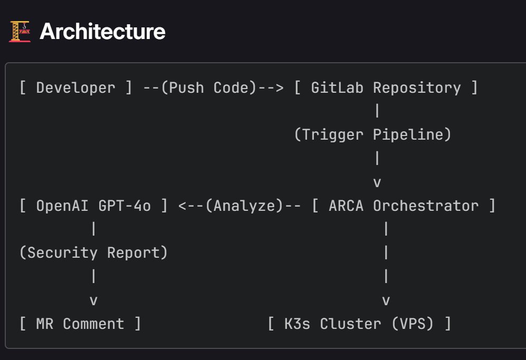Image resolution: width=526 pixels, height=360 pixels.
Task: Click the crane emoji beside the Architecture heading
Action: (20, 32)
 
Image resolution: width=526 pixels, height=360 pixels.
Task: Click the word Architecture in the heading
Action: (102, 32)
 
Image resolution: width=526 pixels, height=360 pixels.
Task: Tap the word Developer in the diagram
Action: (75, 87)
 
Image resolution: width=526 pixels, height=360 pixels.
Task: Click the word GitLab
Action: (338, 87)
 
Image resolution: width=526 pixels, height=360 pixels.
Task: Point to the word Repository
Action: (417, 87)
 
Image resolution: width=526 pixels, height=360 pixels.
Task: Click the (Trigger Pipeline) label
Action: (373, 134)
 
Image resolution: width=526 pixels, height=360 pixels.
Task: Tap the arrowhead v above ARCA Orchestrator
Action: (377, 182)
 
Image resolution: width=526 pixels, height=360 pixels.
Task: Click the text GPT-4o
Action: (125, 206)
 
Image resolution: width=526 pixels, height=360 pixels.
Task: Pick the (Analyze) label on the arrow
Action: (244, 206)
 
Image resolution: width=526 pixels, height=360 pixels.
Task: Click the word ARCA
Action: (346, 206)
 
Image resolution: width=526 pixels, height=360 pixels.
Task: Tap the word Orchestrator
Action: (425, 206)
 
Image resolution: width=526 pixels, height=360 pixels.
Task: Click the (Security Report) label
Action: (93, 253)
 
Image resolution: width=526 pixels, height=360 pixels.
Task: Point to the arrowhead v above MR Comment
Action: (93, 301)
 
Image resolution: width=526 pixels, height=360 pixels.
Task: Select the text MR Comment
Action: (80, 324)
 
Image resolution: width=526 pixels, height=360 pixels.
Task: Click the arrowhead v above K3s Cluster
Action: (386, 301)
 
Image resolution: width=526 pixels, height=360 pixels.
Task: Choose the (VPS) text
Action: (412, 324)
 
